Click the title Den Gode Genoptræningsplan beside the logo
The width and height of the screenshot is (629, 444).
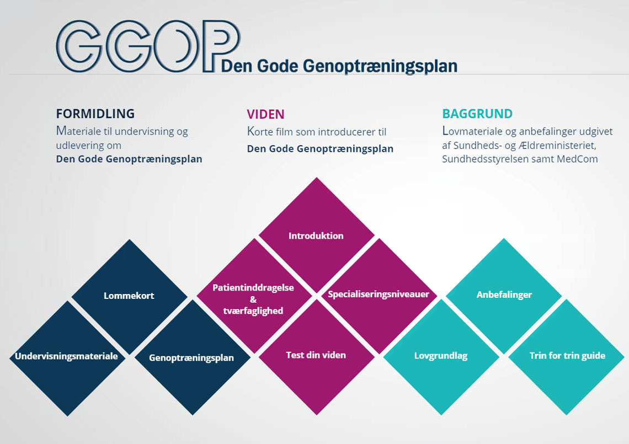tap(339, 66)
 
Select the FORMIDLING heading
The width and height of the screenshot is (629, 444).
tap(95, 114)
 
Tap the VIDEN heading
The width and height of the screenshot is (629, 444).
tap(265, 114)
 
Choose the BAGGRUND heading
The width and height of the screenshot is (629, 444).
tap(477, 114)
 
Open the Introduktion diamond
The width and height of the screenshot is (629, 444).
tap(316, 236)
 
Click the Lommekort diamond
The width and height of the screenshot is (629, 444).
tap(129, 296)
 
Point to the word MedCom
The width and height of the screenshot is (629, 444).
tap(577, 159)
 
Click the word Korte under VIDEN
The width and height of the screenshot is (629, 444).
tap(260, 132)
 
